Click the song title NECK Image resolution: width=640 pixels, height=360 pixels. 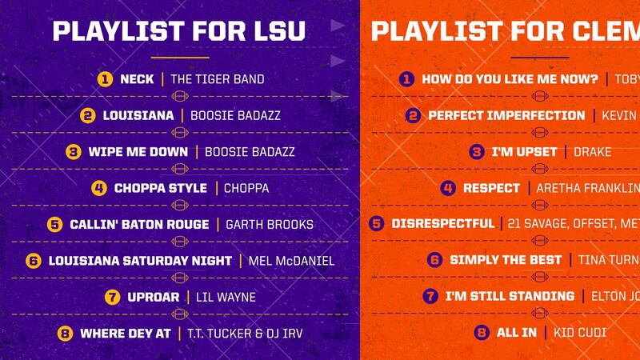click(x=137, y=79)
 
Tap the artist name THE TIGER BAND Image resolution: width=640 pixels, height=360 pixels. click(x=218, y=79)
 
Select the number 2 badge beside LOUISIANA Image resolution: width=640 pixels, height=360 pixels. click(x=88, y=115)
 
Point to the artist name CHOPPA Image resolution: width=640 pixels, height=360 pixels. click(x=246, y=188)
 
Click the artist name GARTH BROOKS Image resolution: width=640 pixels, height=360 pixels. click(x=270, y=224)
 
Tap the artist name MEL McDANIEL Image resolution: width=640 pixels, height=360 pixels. click(x=290, y=260)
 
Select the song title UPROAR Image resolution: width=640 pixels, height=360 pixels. click(x=154, y=297)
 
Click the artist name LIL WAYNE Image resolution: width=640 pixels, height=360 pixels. click(x=226, y=297)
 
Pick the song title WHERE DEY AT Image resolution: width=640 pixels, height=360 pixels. click(x=126, y=332)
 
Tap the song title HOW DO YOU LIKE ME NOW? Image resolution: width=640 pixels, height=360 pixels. click(x=510, y=79)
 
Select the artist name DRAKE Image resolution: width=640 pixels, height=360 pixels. click(x=593, y=151)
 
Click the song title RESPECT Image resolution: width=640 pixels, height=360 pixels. click(x=491, y=188)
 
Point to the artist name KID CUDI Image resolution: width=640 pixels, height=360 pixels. click(x=578, y=332)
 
